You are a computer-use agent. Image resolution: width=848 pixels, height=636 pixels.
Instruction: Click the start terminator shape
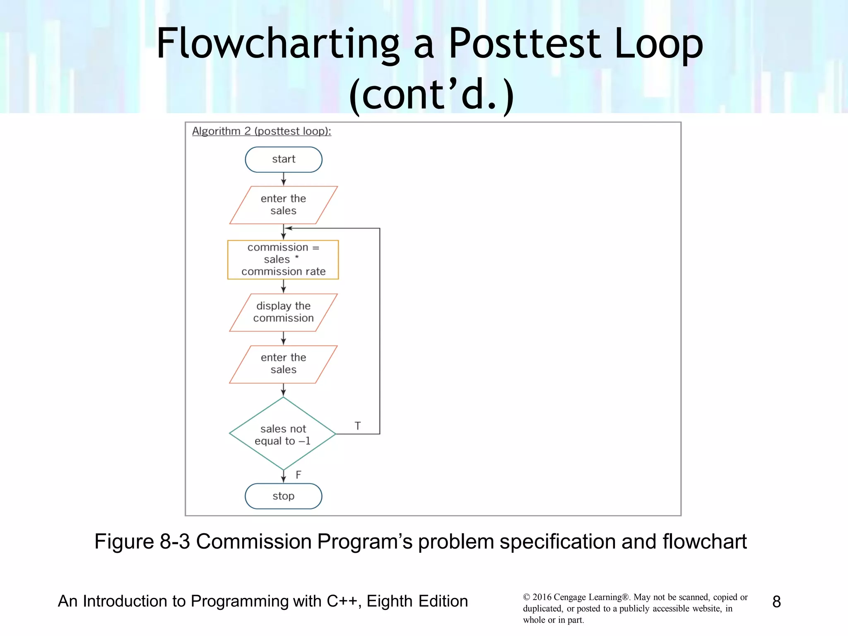coord(284,159)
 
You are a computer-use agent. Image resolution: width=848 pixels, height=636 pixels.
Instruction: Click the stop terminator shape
coord(284,496)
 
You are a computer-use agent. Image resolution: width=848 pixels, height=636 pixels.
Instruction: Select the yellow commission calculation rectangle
coord(283,260)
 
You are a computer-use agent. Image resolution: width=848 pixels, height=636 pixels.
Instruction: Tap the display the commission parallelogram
coord(283,312)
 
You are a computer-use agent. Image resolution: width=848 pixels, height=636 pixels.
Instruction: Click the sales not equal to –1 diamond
coord(283,434)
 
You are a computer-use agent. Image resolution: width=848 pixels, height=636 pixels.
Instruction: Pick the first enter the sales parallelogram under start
coord(283,205)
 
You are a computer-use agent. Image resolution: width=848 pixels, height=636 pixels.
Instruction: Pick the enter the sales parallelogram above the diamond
coord(283,364)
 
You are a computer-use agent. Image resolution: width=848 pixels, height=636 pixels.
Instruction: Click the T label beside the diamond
coord(358,426)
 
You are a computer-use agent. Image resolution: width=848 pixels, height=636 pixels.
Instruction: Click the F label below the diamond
coord(299,475)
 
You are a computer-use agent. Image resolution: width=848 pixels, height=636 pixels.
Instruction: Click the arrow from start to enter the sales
coord(284,179)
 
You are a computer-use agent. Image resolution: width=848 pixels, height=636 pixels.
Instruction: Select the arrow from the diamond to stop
coord(284,477)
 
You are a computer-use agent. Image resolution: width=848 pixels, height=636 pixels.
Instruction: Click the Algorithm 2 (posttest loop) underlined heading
coord(261,131)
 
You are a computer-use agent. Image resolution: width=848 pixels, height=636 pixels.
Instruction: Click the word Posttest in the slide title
coord(525,43)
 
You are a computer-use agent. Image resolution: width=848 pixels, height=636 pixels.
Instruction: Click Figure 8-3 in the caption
coord(142,542)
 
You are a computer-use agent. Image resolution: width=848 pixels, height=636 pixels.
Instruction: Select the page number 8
coord(776,602)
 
